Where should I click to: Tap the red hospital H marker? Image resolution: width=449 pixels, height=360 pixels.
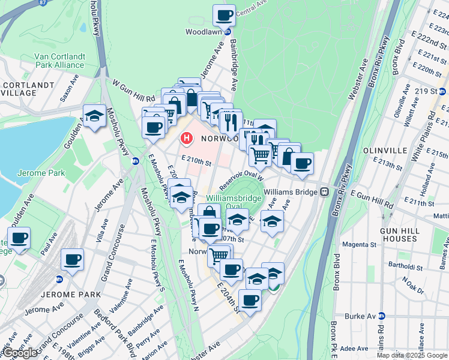pyautogui.click(x=187, y=139)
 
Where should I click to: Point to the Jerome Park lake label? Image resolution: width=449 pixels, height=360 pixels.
pyautogui.click(x=31, y=173)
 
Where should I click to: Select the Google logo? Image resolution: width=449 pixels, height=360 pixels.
pyautogui.click(x=20, y=352)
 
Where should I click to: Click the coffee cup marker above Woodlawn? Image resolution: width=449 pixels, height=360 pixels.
pyautogui.click(x=224, y=15)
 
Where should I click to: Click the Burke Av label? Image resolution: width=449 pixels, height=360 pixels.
pyautogui.click(x=359, y=316)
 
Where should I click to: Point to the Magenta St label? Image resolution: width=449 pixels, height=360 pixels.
pyautogui.click(x=360, y=245)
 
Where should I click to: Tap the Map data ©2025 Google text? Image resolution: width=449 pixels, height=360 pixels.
pyautogui.click(x=411, y=355)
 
